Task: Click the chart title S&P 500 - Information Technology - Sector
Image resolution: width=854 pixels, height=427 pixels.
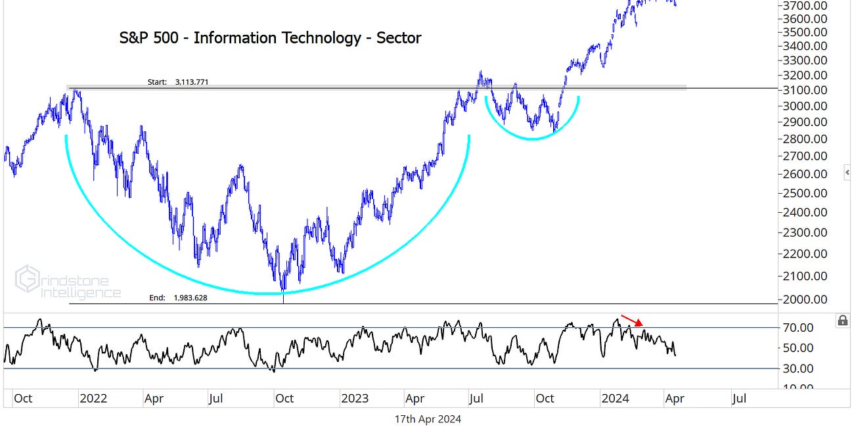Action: point(270,38)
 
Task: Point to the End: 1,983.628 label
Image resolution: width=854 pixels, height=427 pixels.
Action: point(178,298)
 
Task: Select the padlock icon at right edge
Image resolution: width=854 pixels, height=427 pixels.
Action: point(842,321)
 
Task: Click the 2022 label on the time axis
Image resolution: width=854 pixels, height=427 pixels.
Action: point(93,398)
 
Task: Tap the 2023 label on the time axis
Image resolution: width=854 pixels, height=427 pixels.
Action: point(354,398)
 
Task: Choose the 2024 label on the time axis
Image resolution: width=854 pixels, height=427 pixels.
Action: point(615,398)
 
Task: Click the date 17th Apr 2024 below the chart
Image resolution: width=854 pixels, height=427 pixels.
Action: point(428,419)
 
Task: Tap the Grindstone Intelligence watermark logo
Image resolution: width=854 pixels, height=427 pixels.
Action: point(68,282)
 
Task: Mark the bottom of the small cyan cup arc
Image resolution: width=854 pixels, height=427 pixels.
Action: point(532,139)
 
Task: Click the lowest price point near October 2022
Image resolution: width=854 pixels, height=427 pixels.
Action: point(283,290)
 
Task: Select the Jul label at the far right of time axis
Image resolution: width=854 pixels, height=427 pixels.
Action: point(738,398)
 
